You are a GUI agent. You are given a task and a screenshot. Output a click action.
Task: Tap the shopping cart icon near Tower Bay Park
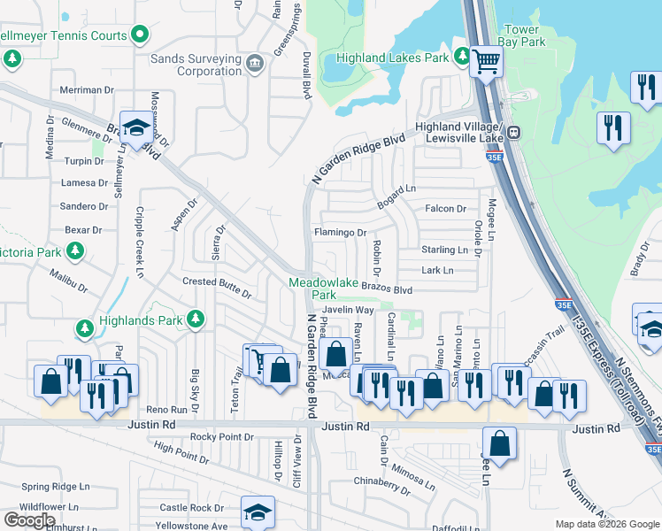(485, 62)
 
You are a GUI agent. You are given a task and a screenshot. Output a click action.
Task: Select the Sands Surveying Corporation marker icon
(254, 63)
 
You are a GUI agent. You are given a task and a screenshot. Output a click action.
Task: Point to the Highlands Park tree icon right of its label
(196, 319)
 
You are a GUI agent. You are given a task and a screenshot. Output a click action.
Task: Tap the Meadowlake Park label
(312, 289)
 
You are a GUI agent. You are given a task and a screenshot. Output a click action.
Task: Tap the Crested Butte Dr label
(218, 281)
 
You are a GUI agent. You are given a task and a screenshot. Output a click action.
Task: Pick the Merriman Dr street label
(88, 90)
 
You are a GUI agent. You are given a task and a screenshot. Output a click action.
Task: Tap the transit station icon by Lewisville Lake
(513, 134)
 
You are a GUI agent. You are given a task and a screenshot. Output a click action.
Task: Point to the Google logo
(30, 519)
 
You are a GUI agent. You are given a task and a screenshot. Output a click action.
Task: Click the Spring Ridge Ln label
(56, 487)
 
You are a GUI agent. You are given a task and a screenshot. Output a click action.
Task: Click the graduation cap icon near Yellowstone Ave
(258, 512)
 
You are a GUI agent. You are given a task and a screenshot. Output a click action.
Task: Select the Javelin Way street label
(348, 310)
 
